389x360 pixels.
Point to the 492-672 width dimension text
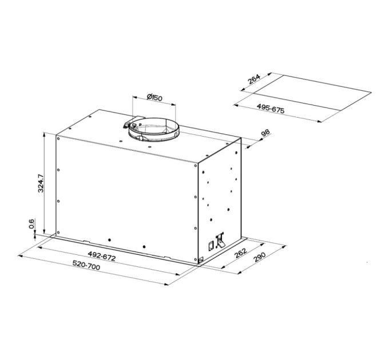[x=102, y=257]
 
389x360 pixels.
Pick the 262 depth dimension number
[x=241, y=254]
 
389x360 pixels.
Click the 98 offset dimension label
[x=265, y=134]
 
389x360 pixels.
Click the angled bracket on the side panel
[x=220, y=242]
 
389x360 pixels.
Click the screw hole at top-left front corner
[x=58, y=137]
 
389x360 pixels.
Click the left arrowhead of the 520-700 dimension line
[x=21, y=256]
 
